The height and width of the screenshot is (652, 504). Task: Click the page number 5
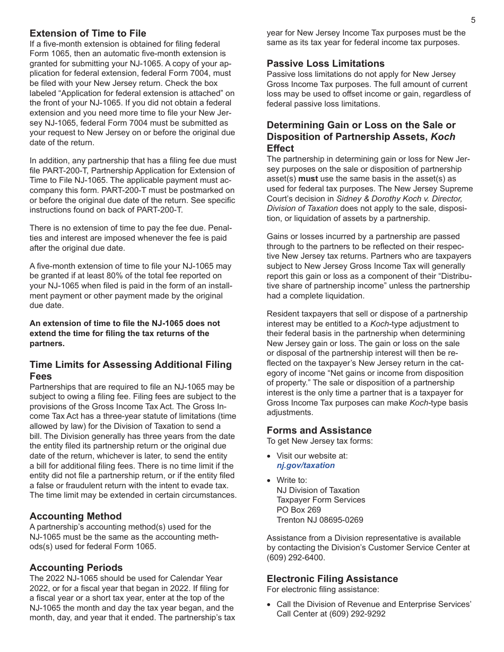pos(473,21)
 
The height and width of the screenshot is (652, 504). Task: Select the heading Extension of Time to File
pos(88,33)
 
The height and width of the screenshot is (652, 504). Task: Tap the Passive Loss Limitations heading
pos(325,64)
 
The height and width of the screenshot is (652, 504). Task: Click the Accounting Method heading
pos(75,516)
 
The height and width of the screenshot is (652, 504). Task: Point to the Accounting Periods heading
pos(76,568)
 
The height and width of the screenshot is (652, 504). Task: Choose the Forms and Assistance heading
pos(319,430)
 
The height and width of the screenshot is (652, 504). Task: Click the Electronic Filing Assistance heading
pos(332,579)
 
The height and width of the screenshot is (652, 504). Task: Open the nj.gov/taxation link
pos(306,465)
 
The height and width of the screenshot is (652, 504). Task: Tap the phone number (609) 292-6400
pos(296,558)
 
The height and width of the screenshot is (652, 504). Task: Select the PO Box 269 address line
pos(299,510)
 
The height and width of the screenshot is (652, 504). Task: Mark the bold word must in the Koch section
pos(308,179)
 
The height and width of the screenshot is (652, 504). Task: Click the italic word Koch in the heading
pos(442,137)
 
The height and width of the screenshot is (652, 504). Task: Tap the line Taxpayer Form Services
pos(320,500)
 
